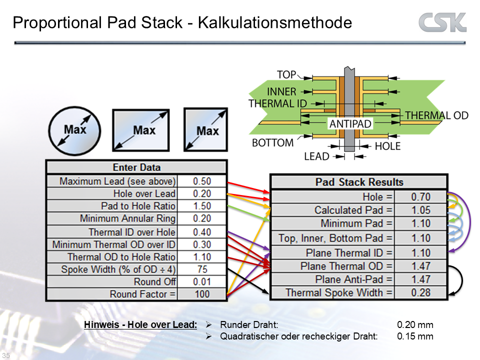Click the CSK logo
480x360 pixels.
(442, 23)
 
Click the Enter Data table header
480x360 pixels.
(136, 167)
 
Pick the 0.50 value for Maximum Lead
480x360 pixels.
(202, 181)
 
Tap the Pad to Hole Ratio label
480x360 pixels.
(138, 206)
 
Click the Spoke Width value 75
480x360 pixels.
(202, 269)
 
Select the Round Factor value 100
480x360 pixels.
(202, 294)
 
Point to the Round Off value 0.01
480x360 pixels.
(202, 282)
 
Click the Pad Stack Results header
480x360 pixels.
(359, 182)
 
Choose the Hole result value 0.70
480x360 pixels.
(420, 197)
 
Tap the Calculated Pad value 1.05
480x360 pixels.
(420, 210)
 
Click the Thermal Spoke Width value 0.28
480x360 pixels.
(420, 292)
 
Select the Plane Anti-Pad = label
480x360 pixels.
(354, 279)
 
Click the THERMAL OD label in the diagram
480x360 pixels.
(436, 115)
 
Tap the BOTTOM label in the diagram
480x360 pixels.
(272, 143)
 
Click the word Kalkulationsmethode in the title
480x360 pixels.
(275, 23)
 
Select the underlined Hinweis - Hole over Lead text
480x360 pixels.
(140, 325)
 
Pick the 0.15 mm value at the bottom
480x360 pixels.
(415, 336)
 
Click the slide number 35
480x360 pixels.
(6, 355)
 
